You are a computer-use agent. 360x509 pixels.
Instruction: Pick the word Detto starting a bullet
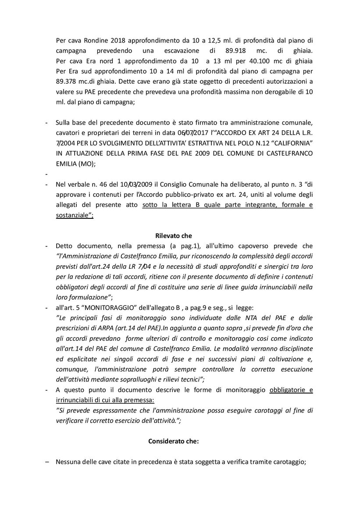coord(64,246)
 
